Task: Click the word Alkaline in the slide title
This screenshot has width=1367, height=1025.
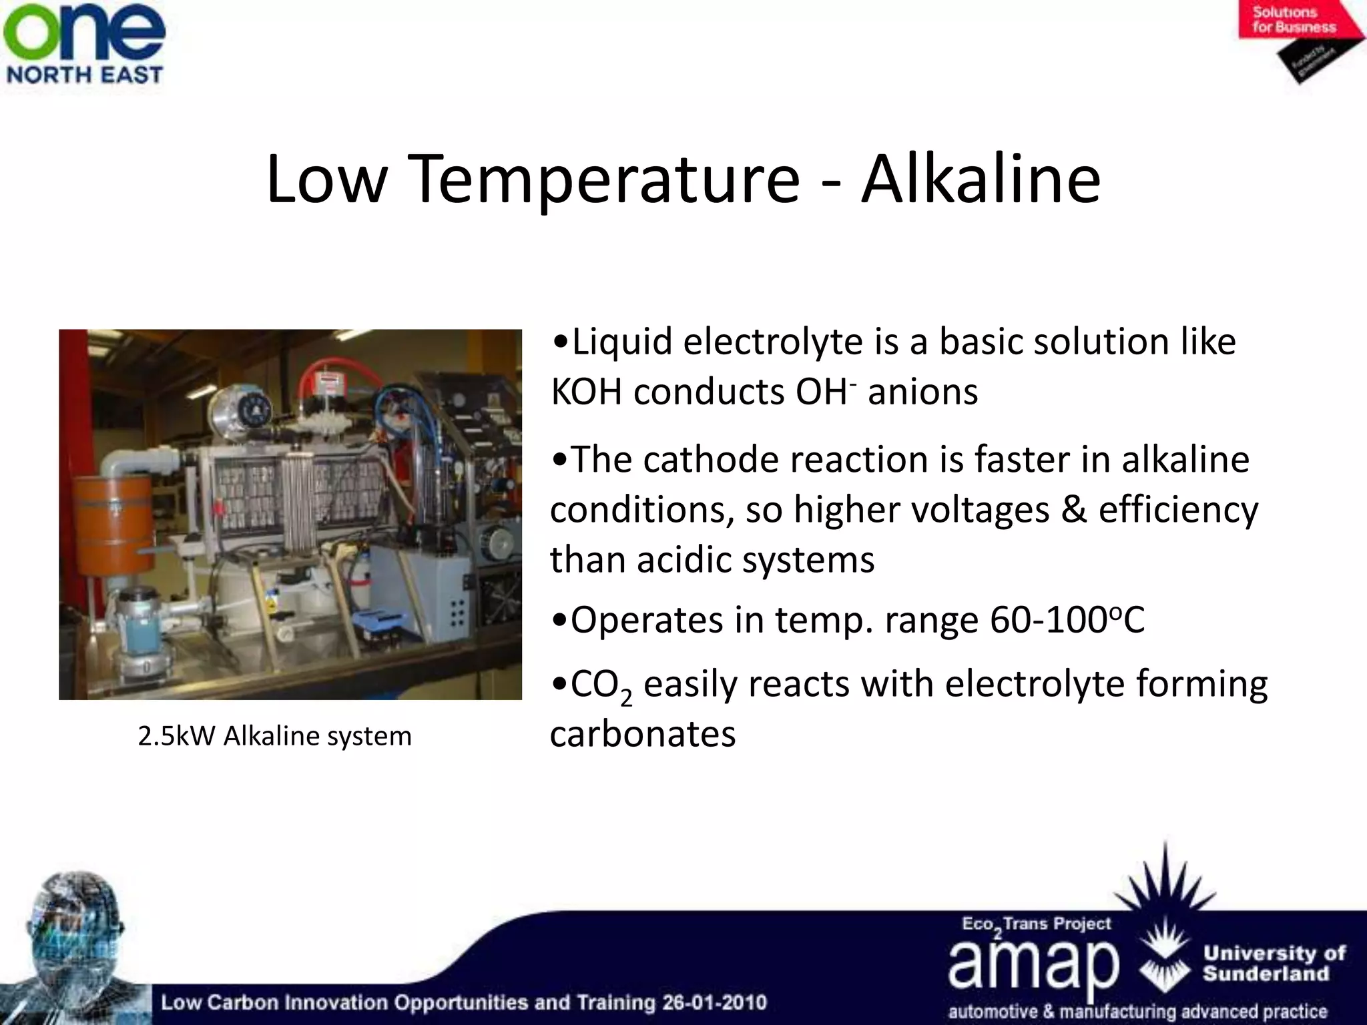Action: click(981, 179)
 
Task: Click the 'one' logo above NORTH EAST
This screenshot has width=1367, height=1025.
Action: click(84, 32)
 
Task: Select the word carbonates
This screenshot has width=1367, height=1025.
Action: click(642, 734)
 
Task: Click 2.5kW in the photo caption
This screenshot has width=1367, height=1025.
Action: click(176, 736)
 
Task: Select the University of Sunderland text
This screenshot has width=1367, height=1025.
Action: click(1274, 963)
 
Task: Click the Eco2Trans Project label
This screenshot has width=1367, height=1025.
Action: click(1036, 924)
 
